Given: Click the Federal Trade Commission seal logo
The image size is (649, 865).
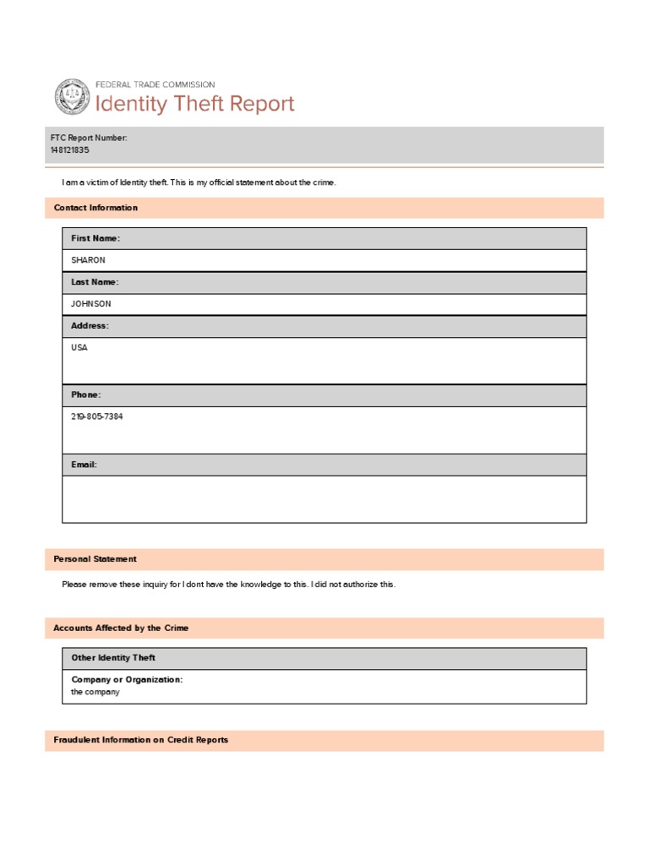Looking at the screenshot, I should tap(71, 96).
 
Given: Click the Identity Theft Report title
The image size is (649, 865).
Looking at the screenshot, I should tap(194, 104).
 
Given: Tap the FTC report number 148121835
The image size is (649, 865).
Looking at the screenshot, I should tap(69, 150).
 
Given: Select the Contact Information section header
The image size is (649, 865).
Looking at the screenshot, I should tap(95, 208).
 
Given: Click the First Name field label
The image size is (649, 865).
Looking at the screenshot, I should tap(95, 239).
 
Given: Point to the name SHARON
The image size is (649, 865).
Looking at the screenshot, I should tap(88, 260).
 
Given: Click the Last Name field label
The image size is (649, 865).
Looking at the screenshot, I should tap(95, 282).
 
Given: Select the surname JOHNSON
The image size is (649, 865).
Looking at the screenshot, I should tap(90, 304).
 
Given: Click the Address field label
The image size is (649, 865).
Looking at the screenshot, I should tap(90, 326).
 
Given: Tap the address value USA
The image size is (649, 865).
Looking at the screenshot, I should tap(79, 348).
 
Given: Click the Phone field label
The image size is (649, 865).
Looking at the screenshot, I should tap(85, 395).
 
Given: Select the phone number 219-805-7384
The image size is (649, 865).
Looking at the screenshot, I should tap(96, 417).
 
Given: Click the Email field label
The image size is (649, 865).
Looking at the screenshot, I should tap(84, 465).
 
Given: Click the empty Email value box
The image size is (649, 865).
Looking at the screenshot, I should tap(324, 498).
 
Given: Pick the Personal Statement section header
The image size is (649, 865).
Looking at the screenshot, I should tap(95, 559).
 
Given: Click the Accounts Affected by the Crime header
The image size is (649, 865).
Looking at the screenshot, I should tap(121, 628).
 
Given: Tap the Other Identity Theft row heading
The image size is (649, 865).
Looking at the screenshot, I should tap(113, 658).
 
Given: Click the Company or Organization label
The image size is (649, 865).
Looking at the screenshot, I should tap(127, 680).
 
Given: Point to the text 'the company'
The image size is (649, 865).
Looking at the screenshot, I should tap(95, 692).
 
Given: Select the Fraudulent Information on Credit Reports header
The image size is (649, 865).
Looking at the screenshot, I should tap(140, 740).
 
